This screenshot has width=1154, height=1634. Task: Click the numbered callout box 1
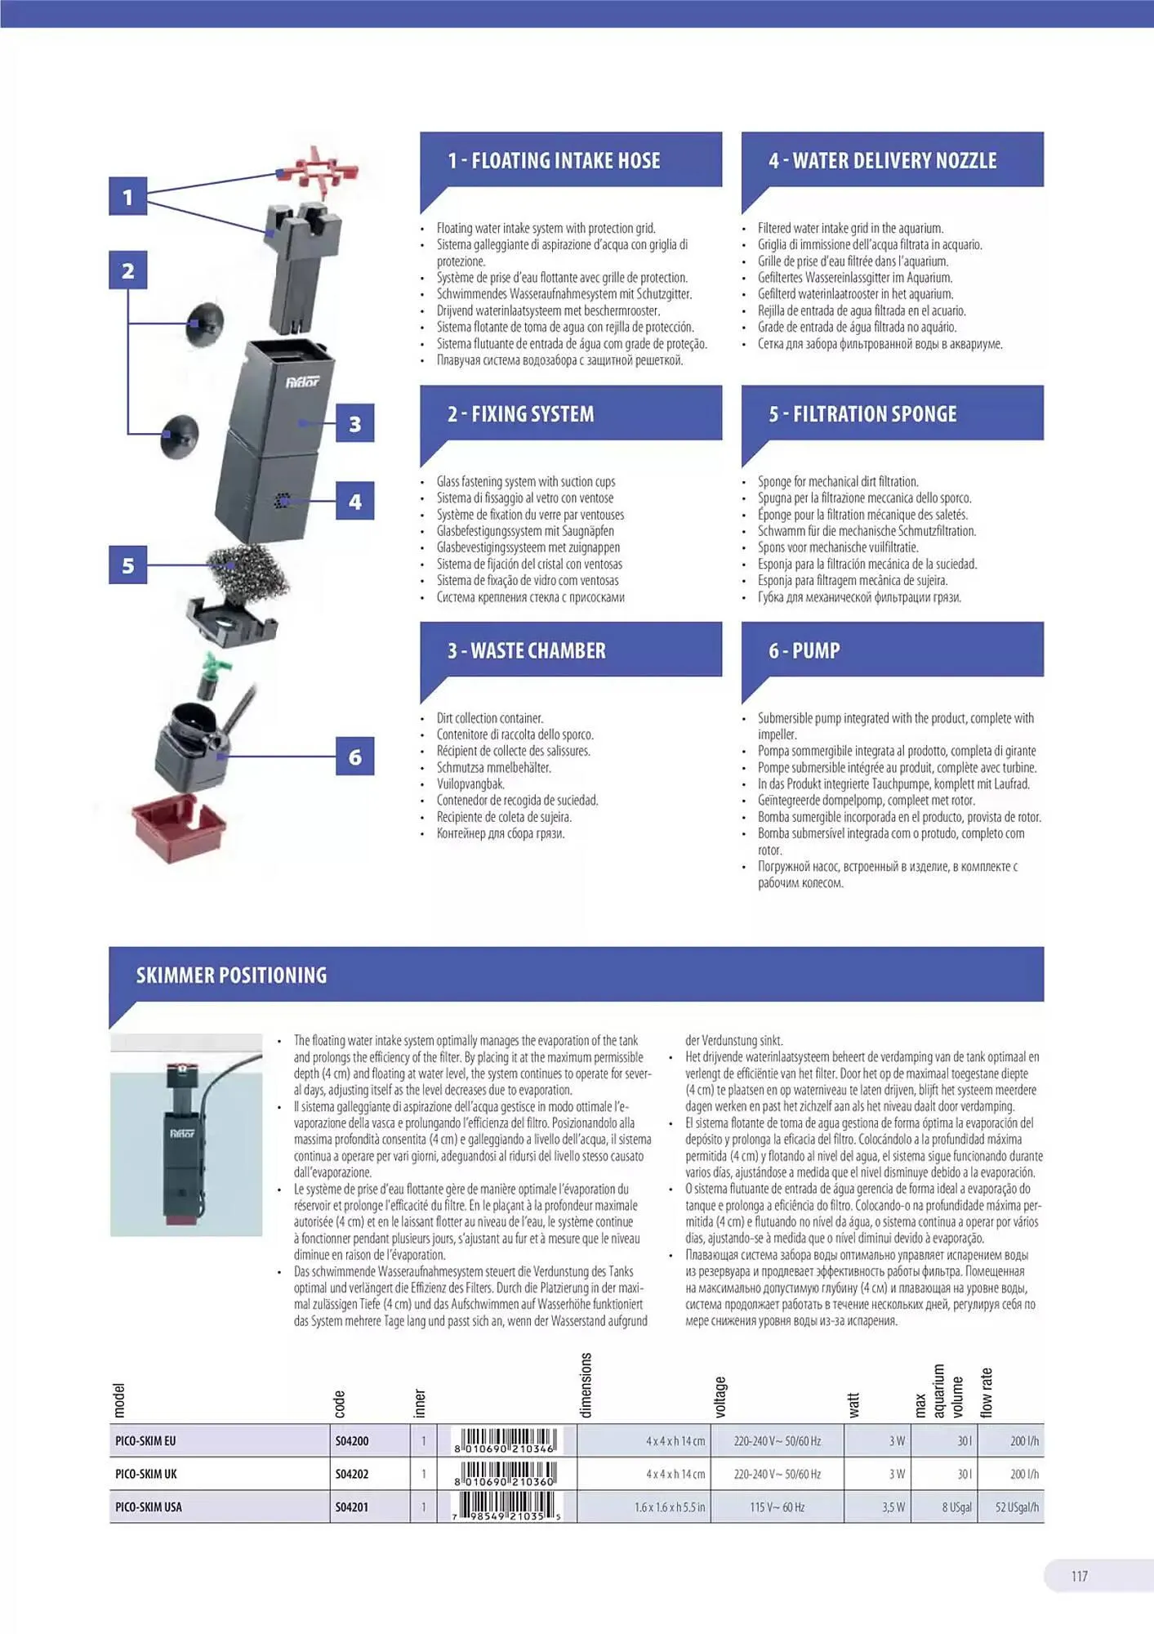pyautogui.click(x=127, y=197)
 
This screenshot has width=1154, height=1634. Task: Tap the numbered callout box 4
pyautogui.click(x=354, y=501)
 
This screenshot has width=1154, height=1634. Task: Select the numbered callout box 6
pyautogui.click(x=354, y=757)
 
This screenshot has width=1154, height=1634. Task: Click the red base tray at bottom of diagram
pyautogui.click(x=180, y=829)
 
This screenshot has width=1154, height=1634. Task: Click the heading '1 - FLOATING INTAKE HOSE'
pyautogui.click(x=554, y=161)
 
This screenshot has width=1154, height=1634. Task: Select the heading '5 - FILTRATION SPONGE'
pyautogui.click(x=862, y=414)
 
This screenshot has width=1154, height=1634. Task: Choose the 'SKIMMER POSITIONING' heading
pyautogui.click(x=231, y=975)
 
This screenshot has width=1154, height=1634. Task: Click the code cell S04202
pyautogui.click(x=352, y=1474)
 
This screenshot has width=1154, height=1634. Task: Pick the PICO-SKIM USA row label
pyautogui.click(x=149, y=1507)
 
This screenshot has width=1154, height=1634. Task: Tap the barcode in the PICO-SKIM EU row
pyautogui.click(x=507, y=1441)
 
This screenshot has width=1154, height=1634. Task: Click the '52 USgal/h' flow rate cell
pyautogui.click(x=1017, y=1507)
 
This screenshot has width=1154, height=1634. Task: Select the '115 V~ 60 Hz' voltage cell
pyautogui.click(x=777, y=1507)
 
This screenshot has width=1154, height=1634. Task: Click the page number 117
pyautogui.click(x=1079, y=1577)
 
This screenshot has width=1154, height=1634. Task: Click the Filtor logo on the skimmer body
pyautogui.click(x=302, y=382)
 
